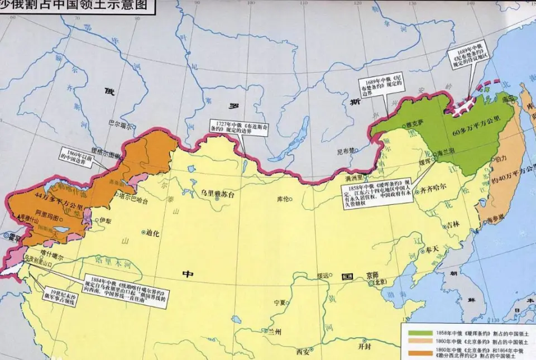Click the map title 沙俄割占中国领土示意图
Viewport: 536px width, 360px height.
point(78,7)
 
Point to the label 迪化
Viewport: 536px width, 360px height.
point(152,233)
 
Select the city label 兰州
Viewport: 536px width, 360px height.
point(274,332)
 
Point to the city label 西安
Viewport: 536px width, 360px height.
point(303,352)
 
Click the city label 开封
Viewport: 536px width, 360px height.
point(364,346)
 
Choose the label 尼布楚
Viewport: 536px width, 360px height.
point(346,151)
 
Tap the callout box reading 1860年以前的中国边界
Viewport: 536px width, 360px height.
point(82,155)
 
